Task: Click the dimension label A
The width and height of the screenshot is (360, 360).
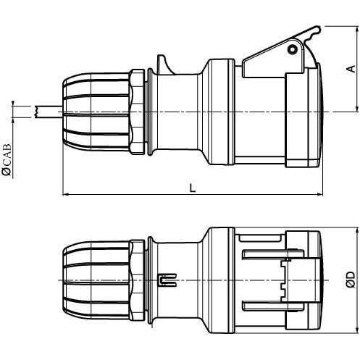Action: point(352,69)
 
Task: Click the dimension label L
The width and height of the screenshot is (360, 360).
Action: point(193,188)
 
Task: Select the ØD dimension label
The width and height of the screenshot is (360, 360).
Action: point(351,280)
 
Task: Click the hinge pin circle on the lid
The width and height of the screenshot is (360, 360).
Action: point(292,49)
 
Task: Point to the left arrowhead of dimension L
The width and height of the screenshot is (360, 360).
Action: point(66,194)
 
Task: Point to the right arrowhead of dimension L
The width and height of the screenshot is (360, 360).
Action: point(319,194)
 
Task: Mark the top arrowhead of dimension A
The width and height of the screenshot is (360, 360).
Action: point(357,29)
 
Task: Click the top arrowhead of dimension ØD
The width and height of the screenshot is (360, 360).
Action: point(357,230)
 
